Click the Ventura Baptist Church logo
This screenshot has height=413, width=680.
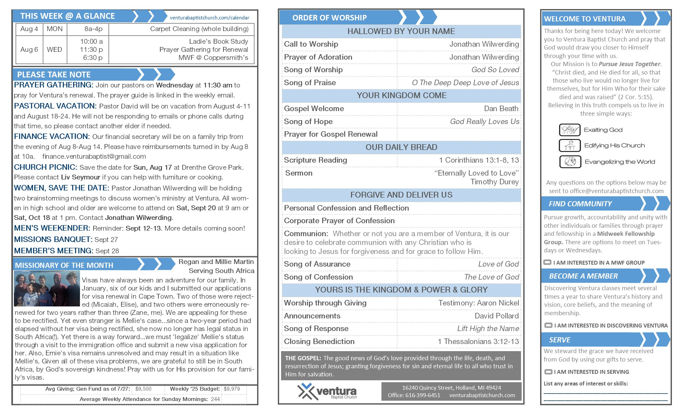coord(327,391)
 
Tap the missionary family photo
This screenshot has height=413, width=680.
coord(47,289)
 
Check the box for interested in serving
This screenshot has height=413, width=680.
coord(548,372)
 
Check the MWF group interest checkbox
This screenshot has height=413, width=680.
coord(547,262)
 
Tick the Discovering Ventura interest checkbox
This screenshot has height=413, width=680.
coord(548,325)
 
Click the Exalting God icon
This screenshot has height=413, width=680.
coord(570,130)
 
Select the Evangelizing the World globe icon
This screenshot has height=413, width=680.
coord(570,162)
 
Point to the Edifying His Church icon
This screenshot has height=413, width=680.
coord(570,145)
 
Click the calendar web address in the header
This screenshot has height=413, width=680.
coord(210,18)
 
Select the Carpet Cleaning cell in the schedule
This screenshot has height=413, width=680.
coord(199,29)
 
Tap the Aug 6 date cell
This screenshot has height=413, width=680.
coord(29,50)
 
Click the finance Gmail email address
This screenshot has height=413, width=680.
coord(94,156)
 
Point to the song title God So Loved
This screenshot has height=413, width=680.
coord(495,70)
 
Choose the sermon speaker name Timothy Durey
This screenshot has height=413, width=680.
coord(494,182)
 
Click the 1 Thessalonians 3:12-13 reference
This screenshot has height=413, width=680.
coord(478,341)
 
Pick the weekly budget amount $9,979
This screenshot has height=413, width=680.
coord(232,389)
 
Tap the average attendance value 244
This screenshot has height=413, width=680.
coord(215,399)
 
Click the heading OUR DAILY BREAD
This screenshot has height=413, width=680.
coord(401,147)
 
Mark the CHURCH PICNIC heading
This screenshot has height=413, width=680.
coord(45,167)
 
